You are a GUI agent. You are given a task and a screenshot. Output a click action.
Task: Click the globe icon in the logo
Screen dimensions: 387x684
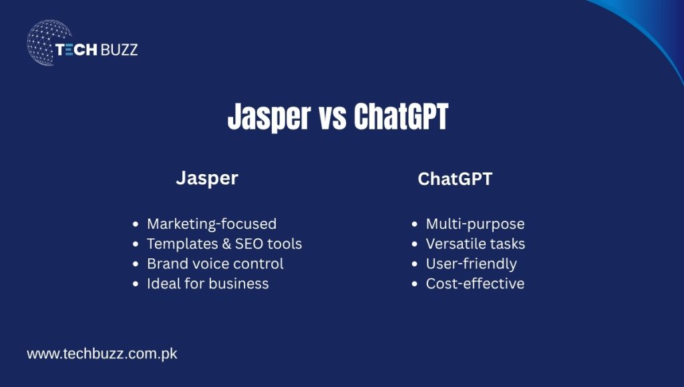(x=48, y=42)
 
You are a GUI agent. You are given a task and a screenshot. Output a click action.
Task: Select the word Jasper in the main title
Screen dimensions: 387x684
(x=268, y=118)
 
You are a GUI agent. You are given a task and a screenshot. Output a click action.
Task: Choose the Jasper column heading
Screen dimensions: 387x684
(x=206, y=178)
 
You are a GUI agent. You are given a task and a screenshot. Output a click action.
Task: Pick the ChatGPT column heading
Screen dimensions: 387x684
(x=454, y=179)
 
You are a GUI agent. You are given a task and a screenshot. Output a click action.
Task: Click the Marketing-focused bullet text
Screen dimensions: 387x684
(x=211, y=224)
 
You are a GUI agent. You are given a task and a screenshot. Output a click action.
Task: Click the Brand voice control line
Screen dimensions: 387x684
(x=215, y=264)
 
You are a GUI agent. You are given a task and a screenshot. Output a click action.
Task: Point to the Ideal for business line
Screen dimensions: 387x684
(x=208, y=284)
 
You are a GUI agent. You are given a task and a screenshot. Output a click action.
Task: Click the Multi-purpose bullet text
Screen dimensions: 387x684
(x=475, y=224)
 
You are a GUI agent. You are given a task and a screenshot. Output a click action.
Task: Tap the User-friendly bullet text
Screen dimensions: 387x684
(x=471, y=264)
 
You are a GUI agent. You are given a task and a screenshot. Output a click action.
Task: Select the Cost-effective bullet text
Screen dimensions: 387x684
(x=475, y=284)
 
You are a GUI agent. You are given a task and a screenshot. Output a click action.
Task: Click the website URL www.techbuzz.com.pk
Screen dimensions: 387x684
(x=102, y=354)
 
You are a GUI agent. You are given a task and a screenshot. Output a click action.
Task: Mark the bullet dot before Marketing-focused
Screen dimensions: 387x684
(x=136, y=224)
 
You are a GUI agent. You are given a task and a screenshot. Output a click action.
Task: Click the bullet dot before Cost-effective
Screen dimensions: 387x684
(x=415, y=284)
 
